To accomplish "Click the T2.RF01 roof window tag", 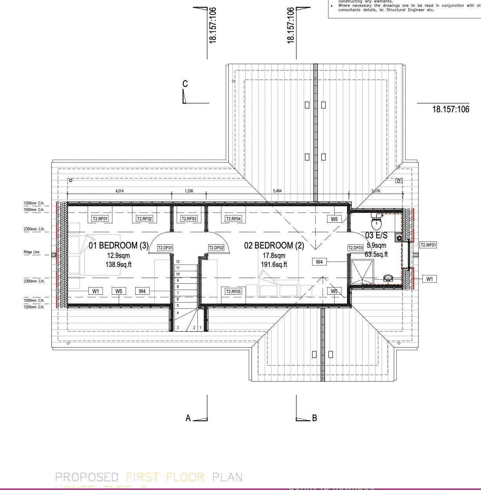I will click(100, 219).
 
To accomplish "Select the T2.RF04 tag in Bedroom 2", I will click(233, 219).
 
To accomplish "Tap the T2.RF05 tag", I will click(233, 292).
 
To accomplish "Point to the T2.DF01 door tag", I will click(165, 248).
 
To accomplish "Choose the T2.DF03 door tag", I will click(356, 248).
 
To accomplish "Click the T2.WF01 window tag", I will click(428, 245).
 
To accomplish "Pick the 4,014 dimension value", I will click(119, 191).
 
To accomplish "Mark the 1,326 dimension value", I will click(189, 191).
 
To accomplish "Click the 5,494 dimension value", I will click(277, 191).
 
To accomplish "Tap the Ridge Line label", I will click(31, 252).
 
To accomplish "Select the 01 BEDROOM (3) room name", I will click(119, 246).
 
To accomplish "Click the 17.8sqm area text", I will click(274, 256).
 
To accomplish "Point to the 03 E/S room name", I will click(376, 236).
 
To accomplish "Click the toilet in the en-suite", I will click(376, 223).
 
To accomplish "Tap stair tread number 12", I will click(178, 261).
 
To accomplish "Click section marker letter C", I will click(185, 84).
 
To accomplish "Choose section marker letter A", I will click(188, 418).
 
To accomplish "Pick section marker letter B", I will click(314, 418).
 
